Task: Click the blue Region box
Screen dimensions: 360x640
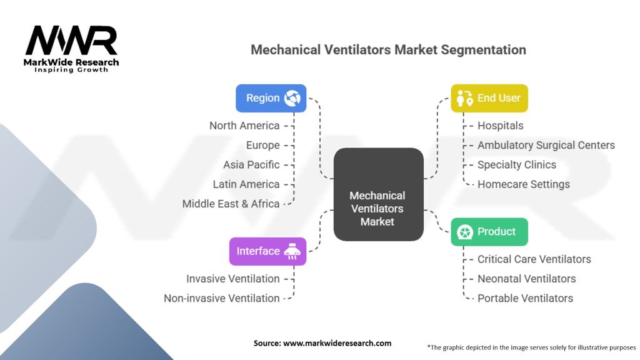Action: click(271, 98)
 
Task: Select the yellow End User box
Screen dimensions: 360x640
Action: click(489, 98)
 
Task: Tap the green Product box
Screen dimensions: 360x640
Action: click(489, 232)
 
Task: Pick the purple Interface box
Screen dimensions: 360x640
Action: click(267, 251)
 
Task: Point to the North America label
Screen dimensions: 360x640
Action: click(244, 126)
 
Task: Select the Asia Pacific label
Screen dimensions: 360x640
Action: click(251, 165)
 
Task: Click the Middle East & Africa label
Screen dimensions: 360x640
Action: click(231, 204)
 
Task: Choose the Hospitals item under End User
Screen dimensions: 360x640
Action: click(500, 126)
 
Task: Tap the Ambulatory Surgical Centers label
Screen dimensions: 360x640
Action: click(546, 145)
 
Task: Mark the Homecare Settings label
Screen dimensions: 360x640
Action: click(523, 184)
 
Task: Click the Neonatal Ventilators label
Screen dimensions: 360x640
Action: click(526, 279)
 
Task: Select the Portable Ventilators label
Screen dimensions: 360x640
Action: click(525, 298)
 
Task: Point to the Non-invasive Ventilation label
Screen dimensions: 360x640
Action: click(221, 298)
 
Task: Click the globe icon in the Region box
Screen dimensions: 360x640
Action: click(292, 98)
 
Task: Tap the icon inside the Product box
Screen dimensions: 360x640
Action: click(464, 232)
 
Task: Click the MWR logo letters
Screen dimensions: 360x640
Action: click(71, 41)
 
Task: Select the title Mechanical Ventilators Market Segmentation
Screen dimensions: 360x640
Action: click(388, 49)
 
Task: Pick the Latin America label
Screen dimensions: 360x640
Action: click(246, 184)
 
